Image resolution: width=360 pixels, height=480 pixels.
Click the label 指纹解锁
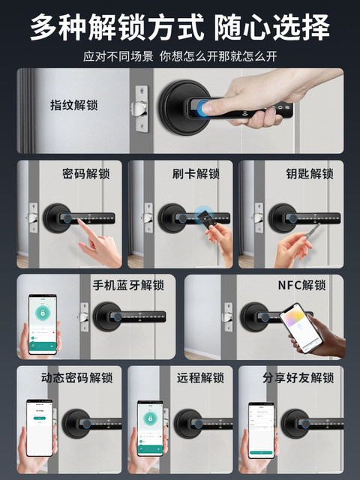[73, 105]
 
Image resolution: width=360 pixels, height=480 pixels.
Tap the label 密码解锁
[85, 174]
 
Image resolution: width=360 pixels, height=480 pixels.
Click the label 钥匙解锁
[309, 174]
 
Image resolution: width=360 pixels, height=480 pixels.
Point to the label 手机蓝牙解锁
[127, 286]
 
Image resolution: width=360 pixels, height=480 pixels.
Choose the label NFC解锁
[301, 286]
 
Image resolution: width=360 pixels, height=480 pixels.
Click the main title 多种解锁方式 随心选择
[180, 28]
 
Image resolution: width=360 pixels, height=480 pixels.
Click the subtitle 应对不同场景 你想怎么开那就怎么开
[180, 56]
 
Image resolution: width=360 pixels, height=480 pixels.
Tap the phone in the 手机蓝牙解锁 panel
[43, 324]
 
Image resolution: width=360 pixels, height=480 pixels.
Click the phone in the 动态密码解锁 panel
[39, 427]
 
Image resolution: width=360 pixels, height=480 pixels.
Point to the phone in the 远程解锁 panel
[150, 425]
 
